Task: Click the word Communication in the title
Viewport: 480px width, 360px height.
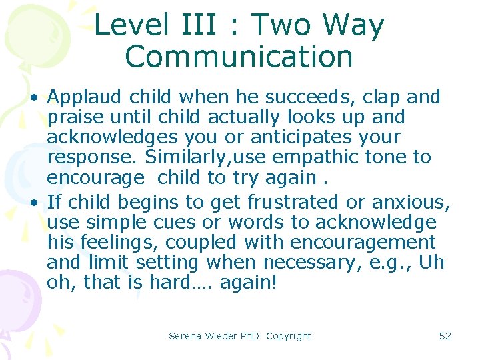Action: point(239,57)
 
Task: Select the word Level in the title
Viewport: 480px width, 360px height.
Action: point(131,25)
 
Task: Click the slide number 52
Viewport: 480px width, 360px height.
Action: point(445,336)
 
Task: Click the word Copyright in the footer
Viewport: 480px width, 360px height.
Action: point(289,336)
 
